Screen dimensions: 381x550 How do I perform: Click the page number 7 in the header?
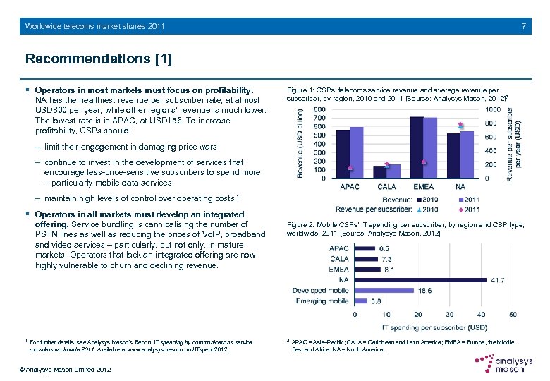523,26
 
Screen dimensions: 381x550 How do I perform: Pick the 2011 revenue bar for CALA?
393,171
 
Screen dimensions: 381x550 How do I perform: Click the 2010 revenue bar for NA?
453,155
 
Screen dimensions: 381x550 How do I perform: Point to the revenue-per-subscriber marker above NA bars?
460,125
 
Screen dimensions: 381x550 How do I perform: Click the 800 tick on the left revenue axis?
319,110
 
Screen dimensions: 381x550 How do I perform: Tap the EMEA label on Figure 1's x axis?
423,187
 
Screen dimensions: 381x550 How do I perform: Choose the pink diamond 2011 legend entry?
468,210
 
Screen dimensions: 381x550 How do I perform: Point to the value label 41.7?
498,280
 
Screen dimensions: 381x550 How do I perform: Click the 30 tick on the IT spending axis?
449,315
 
